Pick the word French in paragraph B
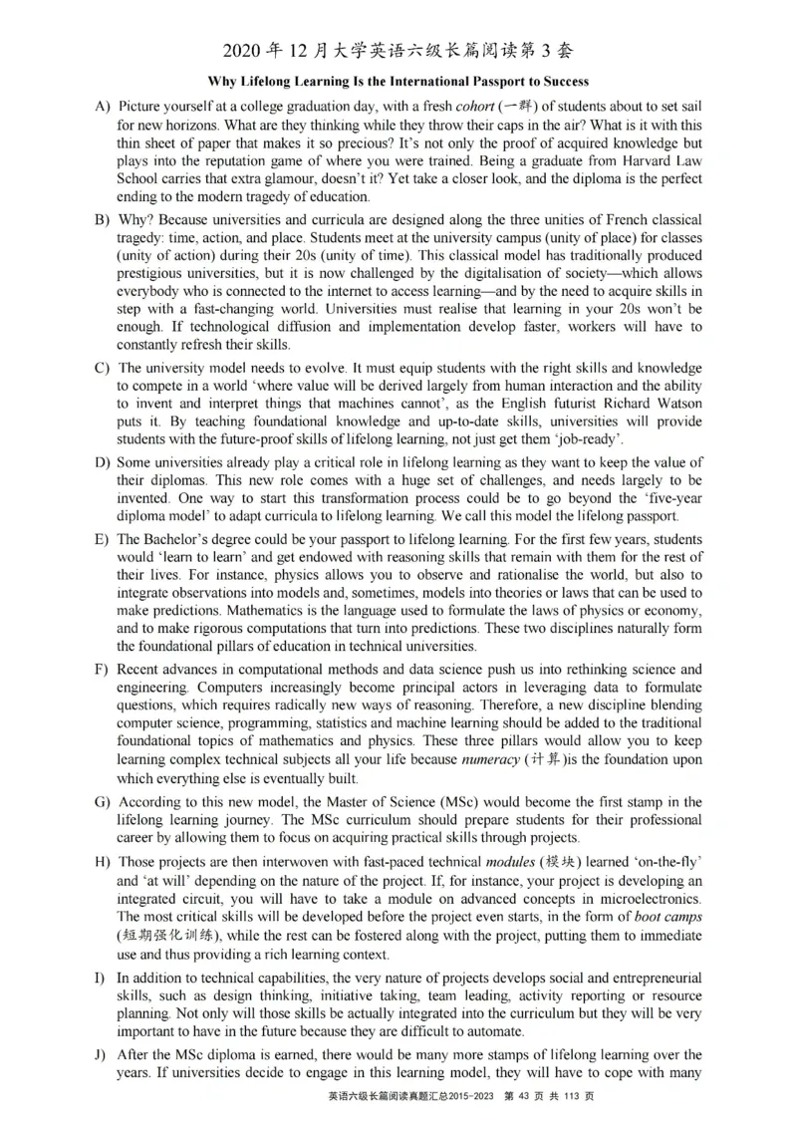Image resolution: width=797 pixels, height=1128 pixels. click(x=601, y=219)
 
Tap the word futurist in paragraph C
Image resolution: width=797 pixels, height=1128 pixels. click(x=556, y=404)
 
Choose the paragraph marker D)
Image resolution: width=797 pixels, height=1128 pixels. click(x=101, y=462)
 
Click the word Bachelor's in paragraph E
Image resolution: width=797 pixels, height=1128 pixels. click(x=179, y=539)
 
